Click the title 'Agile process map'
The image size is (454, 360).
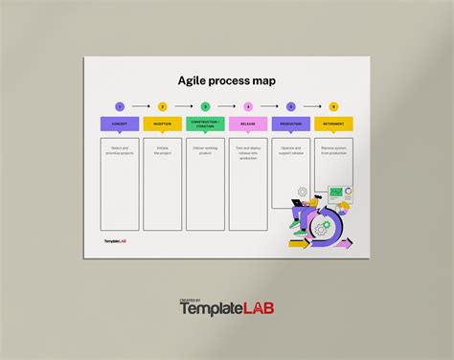coord(227,80)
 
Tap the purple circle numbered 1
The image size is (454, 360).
coord(120,106)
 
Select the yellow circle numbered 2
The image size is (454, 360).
coord(162,106)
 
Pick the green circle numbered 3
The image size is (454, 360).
coord(205,106)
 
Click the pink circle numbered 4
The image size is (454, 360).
coord(248,106)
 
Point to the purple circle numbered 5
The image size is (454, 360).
coord(291,106)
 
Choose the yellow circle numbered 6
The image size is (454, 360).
coord(333,106)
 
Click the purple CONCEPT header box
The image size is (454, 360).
coord(120,124)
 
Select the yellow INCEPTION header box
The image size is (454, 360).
coord(162,124)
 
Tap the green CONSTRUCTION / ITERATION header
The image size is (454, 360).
coord(205,124)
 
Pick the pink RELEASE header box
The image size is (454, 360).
coord(248,124)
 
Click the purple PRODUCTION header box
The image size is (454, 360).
coord(291,124)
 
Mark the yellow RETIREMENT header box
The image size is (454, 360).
coord(333,124)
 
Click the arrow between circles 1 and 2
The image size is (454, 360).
coord(141,106)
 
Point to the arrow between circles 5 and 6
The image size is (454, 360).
coord(312,106)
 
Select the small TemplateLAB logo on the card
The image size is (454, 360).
coord(115,241)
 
